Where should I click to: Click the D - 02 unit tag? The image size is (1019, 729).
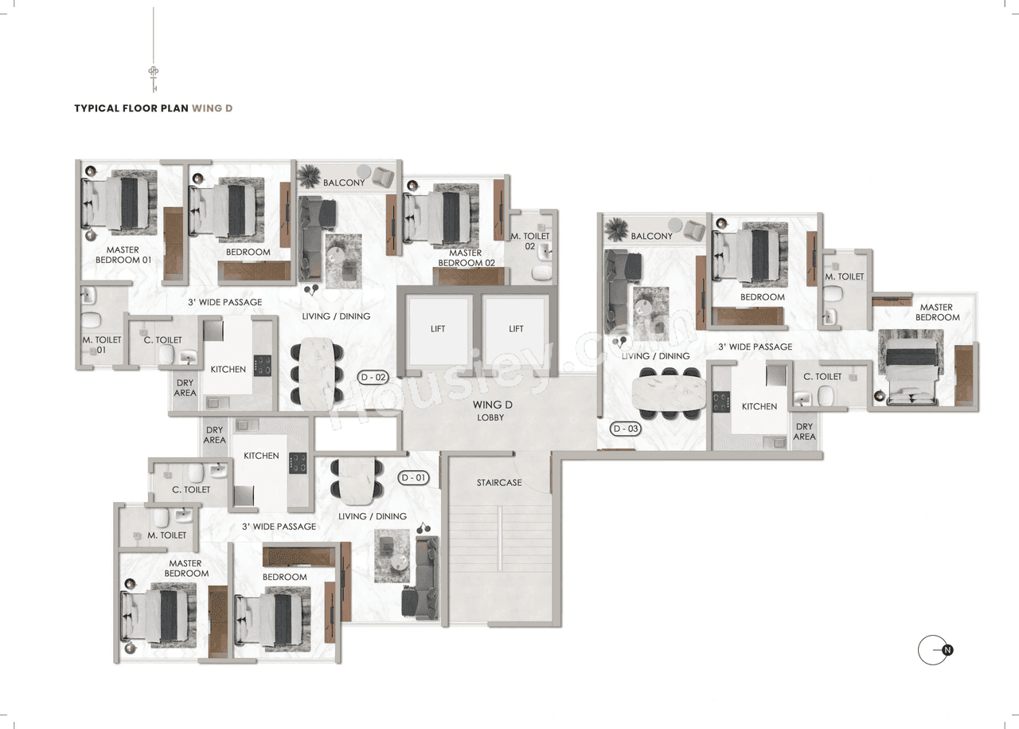tap(373, 378)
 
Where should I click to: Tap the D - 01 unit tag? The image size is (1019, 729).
tap(414, 478)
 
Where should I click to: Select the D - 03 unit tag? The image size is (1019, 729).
tap(627, 429)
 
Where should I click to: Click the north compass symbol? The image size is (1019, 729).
tap(935, 650)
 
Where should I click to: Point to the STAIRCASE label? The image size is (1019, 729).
tap(499, 483)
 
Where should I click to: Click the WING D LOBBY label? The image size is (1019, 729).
tap(492, 410)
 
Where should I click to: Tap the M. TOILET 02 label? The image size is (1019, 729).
tap(530, 241)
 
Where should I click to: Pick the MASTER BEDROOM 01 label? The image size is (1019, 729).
tap(123, 255)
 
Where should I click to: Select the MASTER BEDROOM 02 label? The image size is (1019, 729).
tap(466, 258)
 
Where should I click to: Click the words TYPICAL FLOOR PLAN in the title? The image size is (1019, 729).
tap(131, 108)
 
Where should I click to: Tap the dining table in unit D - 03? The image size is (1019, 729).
tap(668, 392)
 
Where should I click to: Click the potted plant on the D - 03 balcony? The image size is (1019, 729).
tap(615, 229)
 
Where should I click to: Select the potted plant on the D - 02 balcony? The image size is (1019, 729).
tap(308, 174)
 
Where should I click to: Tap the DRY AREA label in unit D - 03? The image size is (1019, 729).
tap(804, 432)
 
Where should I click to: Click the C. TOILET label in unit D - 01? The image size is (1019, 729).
tap(191, 490)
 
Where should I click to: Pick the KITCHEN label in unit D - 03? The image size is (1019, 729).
tap(759, 406)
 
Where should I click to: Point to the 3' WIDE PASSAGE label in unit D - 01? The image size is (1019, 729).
tap(279, 527)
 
